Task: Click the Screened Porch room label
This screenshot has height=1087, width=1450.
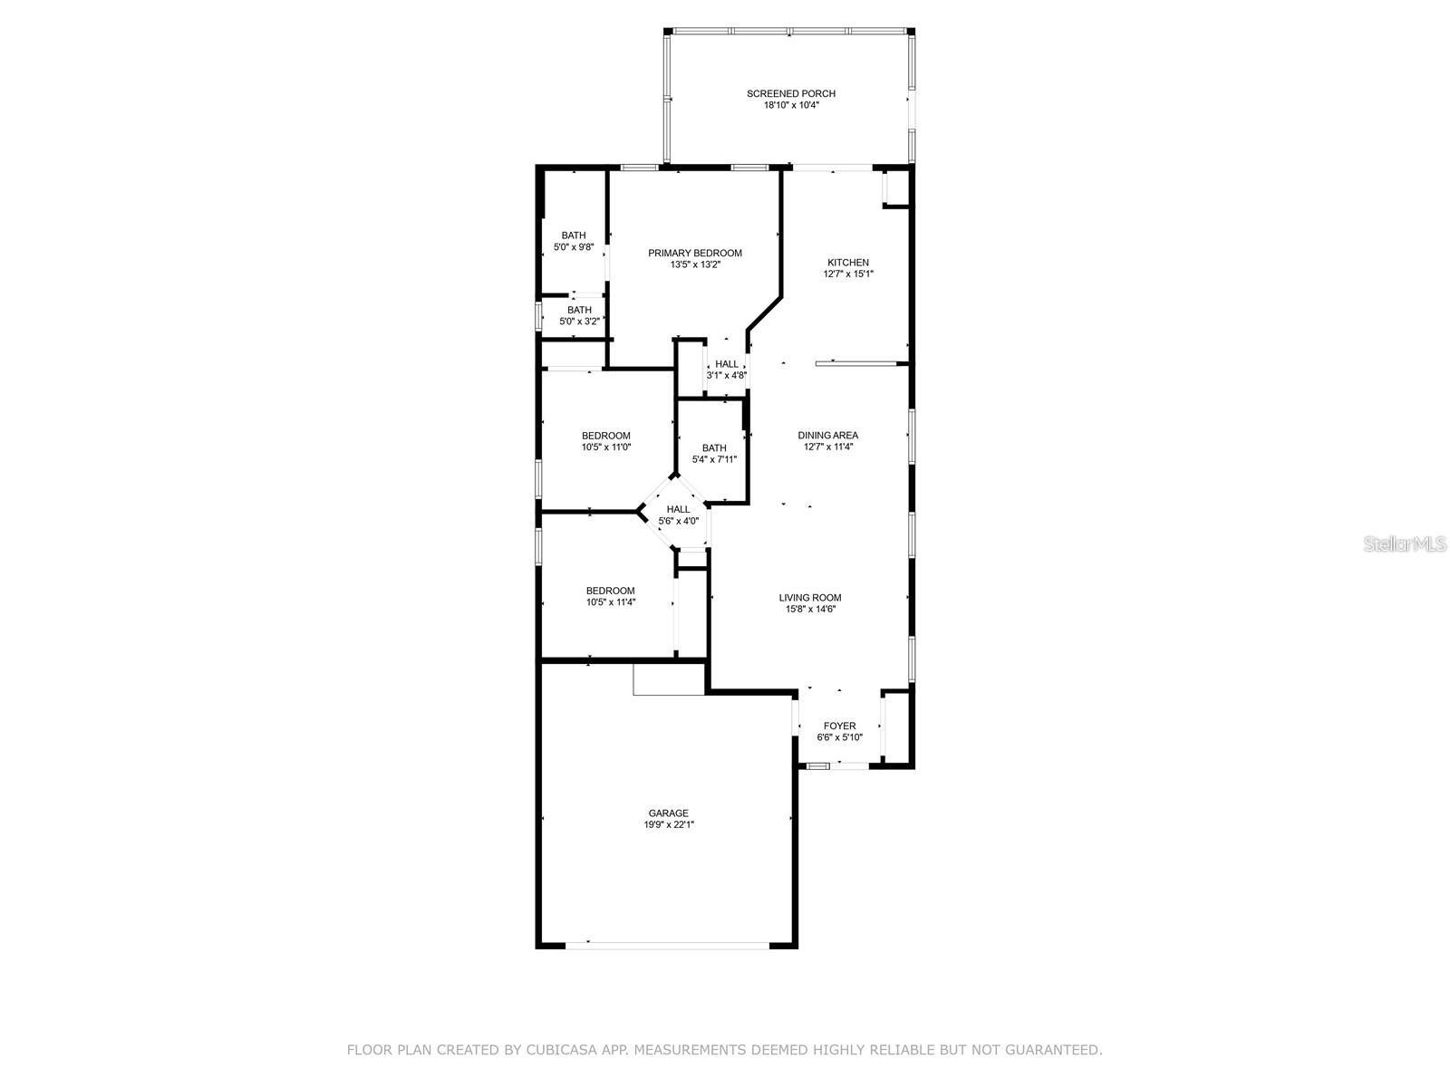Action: click(790, 93)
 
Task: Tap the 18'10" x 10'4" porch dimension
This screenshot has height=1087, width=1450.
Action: click(790, 105)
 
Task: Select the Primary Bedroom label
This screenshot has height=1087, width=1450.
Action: click(694, 253)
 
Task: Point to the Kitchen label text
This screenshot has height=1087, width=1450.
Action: click(847, 263)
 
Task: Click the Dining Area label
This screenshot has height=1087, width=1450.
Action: click(827, 435)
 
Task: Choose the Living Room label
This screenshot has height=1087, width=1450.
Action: click(809, 597)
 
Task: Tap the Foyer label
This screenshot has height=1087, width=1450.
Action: click(839, 726)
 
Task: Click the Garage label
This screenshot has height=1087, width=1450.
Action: click(668, 813)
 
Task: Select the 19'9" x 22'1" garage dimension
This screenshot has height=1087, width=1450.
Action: click(668, 825)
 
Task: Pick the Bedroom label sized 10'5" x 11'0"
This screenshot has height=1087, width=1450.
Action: click(605, 436)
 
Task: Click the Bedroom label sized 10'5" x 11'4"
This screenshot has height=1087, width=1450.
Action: click(610, 591)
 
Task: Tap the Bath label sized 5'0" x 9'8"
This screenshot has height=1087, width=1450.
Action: click(573, 236)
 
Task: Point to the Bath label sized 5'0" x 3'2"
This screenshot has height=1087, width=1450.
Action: click(579, 310)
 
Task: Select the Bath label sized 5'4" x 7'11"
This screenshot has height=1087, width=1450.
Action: click(713, 447)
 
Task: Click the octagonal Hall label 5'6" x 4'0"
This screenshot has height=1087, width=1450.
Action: click(678, 509)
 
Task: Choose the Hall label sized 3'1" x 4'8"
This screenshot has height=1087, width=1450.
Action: click(726, 364)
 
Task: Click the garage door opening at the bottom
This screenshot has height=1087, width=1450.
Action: click(668, 945)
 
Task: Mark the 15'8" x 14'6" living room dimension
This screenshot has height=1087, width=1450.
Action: click(809, 610)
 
